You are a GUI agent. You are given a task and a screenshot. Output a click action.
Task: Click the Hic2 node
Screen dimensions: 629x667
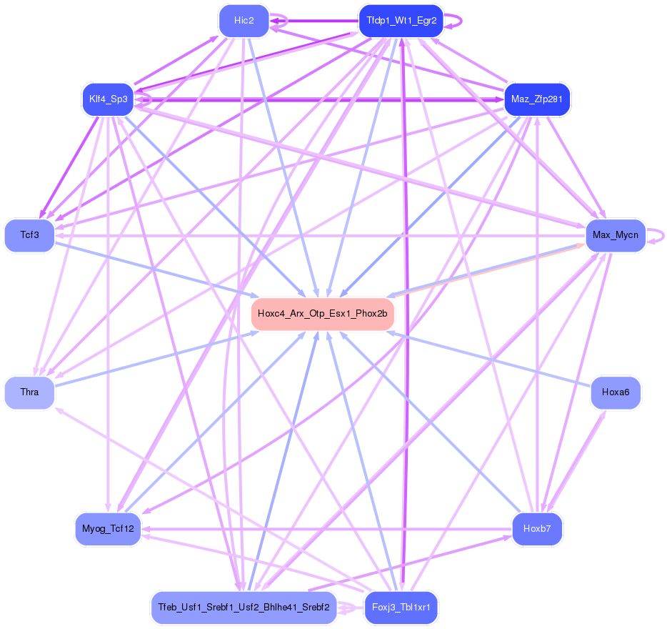(244, 21)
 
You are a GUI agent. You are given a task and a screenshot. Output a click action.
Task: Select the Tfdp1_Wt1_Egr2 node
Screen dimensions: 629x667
(401, 21)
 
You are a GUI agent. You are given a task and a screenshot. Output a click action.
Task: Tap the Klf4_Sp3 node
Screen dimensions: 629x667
(108, 99)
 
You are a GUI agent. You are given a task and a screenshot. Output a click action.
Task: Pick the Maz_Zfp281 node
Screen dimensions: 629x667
(536, 99)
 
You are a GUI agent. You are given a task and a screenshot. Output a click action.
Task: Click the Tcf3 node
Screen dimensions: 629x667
(29, 235)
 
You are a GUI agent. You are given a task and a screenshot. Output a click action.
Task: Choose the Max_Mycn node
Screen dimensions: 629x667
(615, 235)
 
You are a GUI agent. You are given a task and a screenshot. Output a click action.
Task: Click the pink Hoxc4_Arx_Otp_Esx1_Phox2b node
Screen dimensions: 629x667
(322, 314)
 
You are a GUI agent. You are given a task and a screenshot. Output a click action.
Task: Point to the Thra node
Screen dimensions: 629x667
(29, 392)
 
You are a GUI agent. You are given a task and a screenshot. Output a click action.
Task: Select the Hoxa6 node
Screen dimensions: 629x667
(615, 392)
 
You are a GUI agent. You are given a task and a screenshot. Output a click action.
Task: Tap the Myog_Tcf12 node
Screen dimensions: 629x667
(108, 529)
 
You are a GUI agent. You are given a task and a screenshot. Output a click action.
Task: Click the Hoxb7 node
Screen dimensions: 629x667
(536, 529)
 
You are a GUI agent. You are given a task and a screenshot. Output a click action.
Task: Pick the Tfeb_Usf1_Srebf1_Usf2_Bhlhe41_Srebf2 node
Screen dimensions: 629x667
(244, 608)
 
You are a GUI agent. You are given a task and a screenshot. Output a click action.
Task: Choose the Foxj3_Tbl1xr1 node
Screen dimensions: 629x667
(401, 608)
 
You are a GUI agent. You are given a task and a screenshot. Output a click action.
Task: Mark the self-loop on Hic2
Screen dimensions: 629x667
(285, 21)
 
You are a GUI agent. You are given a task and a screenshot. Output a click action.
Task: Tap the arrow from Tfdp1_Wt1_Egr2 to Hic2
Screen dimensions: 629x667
(314, 21)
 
